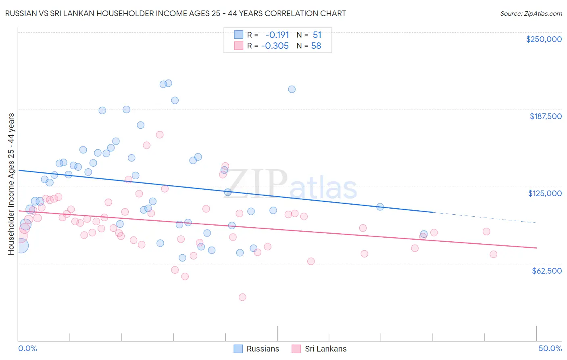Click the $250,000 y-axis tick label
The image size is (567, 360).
pos(544,39)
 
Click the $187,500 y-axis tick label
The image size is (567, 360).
pos(545,116)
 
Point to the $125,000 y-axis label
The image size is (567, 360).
pos(545,193)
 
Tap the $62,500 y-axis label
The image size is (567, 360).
pos(546,271)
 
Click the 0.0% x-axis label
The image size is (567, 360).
pos(27,348)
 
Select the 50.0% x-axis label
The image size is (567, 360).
pos(550,348)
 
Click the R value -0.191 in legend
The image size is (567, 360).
pos(277,35)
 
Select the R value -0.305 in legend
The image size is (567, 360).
pos(275,46)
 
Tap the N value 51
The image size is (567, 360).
pos(317,35)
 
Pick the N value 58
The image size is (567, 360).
pos(316,46)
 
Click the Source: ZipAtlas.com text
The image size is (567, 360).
pos(531,13)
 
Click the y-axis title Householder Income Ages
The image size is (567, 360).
pos(11,184)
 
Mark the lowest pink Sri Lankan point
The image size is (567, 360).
pos(242,297)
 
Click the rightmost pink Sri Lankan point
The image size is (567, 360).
pos(493,254)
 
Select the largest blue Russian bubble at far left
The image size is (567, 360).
pos(21,245)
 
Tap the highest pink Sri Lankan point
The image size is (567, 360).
pos(160,135)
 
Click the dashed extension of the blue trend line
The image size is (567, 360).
pos(484,218)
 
